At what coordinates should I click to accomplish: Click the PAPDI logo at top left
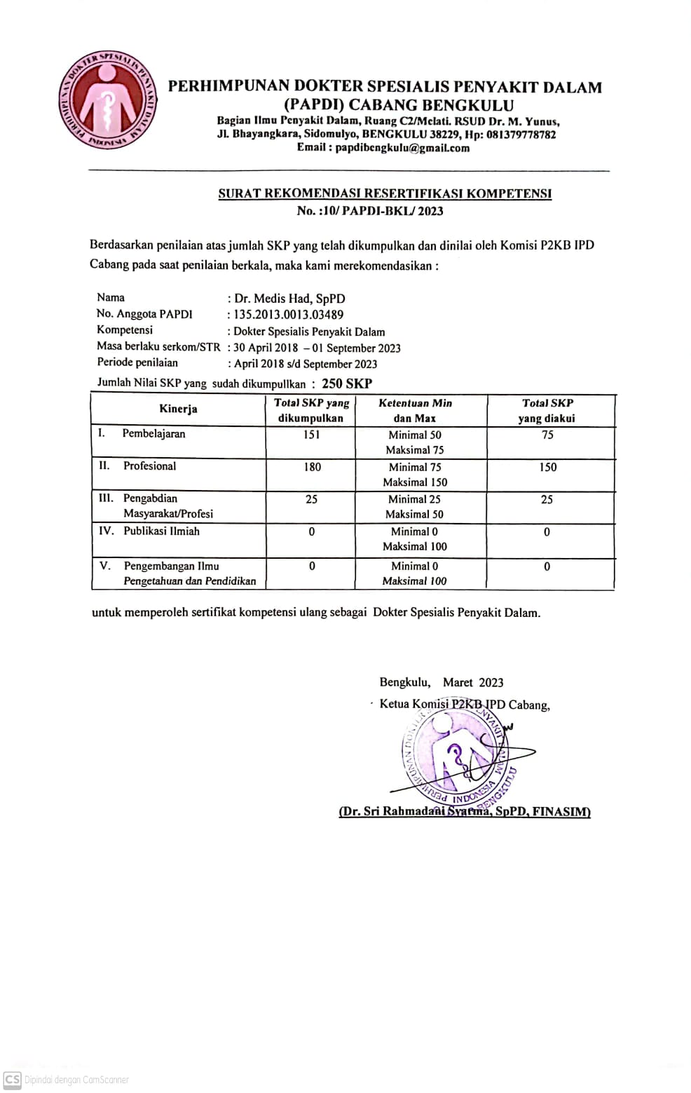(x=107, y=100)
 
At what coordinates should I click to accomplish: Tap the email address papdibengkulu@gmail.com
(x=402, y=148)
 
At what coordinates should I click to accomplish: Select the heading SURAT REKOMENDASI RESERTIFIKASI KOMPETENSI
(x=385, y=194)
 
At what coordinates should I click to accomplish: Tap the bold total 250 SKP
(x=347, y=383)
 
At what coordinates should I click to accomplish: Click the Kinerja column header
(x=178, y=409)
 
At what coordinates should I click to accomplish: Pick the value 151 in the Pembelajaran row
(x=311, y=435)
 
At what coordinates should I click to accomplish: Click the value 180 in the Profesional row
(x=312, y=467)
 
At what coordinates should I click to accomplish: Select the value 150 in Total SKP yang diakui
(x=547, y=467)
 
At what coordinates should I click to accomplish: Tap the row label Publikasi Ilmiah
(x=161, y=531)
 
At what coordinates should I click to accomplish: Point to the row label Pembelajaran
(x=153, y=434)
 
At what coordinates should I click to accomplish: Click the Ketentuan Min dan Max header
(x=415, y=411)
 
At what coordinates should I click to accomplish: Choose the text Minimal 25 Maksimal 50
(x=415, y=507)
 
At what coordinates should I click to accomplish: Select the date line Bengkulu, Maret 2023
(x=442, y=683)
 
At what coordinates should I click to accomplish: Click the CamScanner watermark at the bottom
(x=67, y=1080)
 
